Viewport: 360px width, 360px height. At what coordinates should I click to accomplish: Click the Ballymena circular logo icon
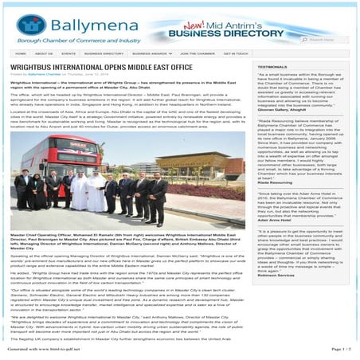[x=29, y=25]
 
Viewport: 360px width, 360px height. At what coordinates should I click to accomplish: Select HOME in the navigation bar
[x=21, y=54]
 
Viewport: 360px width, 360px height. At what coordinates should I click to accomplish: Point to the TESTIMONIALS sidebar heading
[x=273, y=67]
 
